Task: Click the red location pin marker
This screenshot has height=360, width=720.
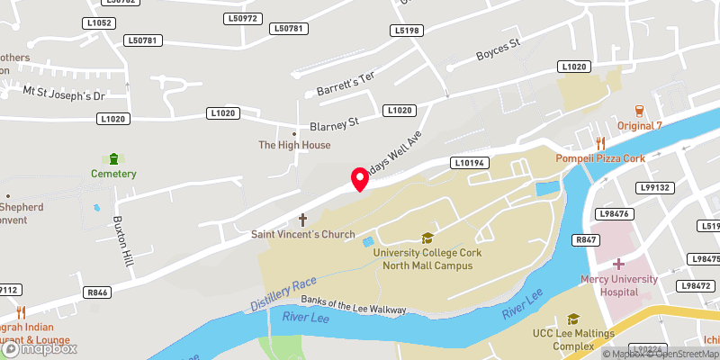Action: click(360, 177)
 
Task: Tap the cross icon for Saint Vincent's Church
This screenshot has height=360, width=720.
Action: click(302, 220)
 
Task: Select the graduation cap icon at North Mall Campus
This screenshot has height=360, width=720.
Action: click(427, 238)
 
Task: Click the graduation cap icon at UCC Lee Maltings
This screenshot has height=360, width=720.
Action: click(572, 319)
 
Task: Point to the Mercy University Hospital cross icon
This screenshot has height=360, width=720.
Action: click(618, 265)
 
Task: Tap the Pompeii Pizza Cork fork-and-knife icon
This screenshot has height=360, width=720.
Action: click(599, 143)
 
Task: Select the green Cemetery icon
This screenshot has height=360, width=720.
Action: click(113, 158)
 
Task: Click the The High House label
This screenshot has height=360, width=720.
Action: click(294, 145)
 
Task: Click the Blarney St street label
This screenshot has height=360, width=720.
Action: click(334, 121)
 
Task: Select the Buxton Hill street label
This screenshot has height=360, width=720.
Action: click(123, 241)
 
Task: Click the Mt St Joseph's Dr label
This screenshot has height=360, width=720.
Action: click(64, 94)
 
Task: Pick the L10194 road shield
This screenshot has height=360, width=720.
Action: click(471, 163)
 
